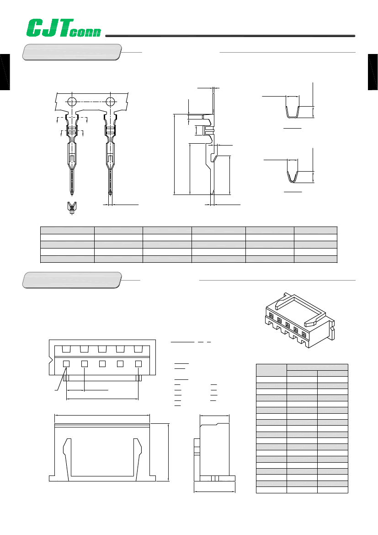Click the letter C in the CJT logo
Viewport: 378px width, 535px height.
pyautogui.click(x=35, y=28)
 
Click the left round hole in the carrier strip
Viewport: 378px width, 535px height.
pyautogui.click(x=72, y=101)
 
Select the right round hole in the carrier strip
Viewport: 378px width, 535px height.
pyautogui.click(x=111, y=101)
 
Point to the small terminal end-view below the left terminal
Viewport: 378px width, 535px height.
pyautogui.click(x=71, y=207)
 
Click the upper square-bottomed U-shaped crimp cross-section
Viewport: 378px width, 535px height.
pyautogui.click(x=292, y=111)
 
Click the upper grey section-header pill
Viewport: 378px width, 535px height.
pyautogui.click(x=72, y=52)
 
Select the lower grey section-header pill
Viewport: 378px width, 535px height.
pyautogui.click(x=72, y=280)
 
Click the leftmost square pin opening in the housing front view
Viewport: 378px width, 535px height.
pyautogui.click(x=66, y=363)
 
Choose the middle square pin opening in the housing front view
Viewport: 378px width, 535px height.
pyautogui.click(x=102, y=363)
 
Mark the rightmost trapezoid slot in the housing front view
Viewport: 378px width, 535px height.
pyautogui.click(x=138, y=349)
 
